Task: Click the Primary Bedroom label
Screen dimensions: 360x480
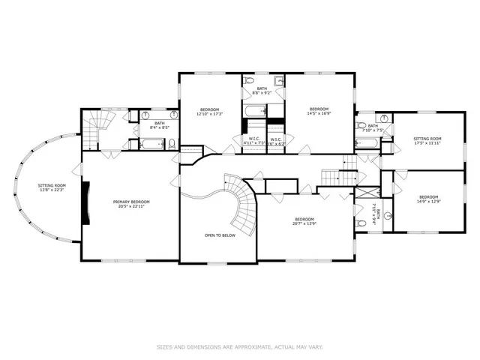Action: point(131,202)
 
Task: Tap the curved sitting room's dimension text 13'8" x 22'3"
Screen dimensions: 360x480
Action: point(52,190)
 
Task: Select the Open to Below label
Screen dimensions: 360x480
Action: point(220,235)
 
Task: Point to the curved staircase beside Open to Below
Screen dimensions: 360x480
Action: point(242,206)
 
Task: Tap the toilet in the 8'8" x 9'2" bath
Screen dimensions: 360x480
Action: point(250,79)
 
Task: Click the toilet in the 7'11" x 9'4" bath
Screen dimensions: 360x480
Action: point(388,216)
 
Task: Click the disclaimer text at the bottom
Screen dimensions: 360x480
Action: point(239,346)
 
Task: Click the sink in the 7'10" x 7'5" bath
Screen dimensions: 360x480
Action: point(382,118)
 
